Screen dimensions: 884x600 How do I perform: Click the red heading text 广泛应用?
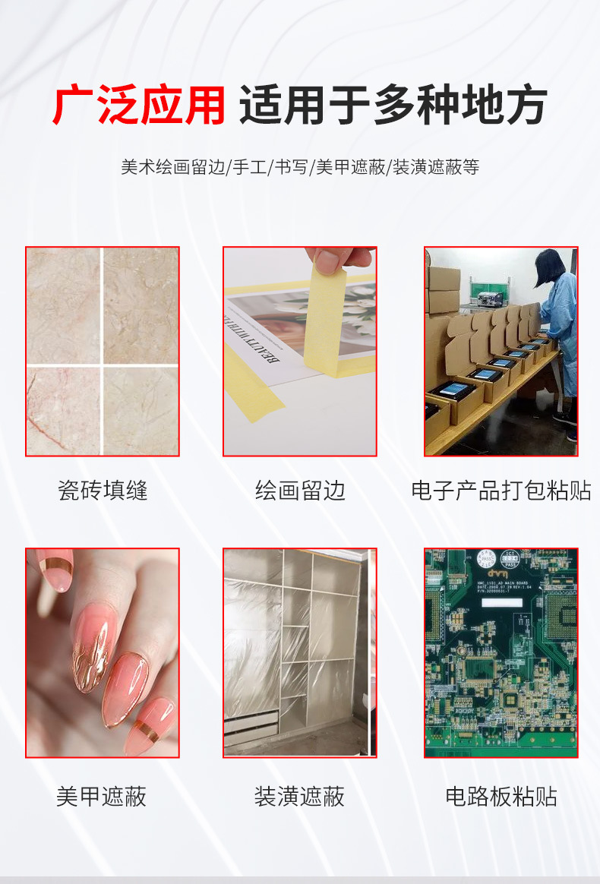click(x=138, y=106)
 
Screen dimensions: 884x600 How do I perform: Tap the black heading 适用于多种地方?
click(x=393, y=106)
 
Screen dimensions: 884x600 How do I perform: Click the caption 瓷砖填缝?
click(x=103, y=490)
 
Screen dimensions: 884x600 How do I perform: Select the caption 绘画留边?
click(x=300, y=490)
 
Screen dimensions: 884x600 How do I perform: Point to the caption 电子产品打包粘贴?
click(x=501, y=490)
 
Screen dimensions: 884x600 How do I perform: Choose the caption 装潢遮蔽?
click(x=299, y=796)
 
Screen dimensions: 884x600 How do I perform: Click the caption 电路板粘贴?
click(x=501, y=796)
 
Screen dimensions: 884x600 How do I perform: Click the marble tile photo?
click(x=103, y=351)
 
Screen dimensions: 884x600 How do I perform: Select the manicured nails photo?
click(x=103, y=652)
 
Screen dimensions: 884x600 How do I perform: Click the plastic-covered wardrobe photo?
click(x=299, y=652)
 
